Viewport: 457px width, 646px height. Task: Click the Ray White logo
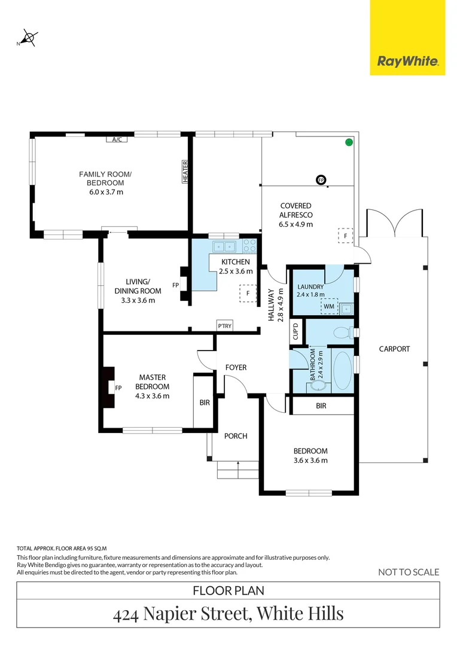click(407, 61)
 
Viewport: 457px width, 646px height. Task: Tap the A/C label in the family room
click(117, 140)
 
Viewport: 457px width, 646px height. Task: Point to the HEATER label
click(185, 172)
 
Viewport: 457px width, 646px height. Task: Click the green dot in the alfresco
click(348, 142)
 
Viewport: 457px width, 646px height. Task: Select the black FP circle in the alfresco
click(321, 180)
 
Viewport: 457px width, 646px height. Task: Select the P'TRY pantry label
click(225, 326)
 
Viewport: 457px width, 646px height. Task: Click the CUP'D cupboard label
click(295, 331)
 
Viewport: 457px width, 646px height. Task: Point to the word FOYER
click(236, 367)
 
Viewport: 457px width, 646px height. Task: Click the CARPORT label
click(394, 349)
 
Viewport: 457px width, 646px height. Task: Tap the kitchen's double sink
click(226, 246)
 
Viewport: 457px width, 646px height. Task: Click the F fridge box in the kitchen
click(248, 294)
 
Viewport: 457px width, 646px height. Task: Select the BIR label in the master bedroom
click(205, 403)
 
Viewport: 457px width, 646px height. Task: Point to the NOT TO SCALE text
click(409, 572)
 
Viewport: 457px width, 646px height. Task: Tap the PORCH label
click(236, 436)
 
